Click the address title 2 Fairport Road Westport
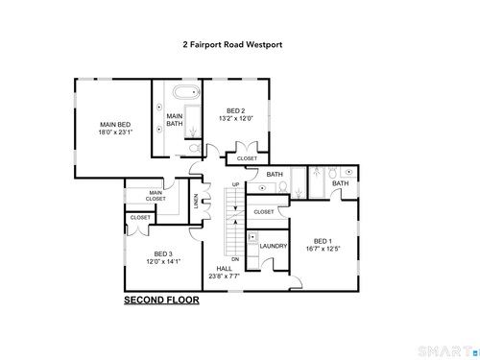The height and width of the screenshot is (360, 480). (x=232, y=44)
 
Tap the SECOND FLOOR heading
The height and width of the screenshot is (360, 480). (x=161, y=300)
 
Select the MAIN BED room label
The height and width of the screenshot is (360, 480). (x=115, y=125)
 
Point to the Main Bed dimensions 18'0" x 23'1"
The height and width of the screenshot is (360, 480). (x=115, y=132)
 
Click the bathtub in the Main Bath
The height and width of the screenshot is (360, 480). (x=187, y=92)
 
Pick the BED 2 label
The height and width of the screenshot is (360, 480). (x=236, y=110)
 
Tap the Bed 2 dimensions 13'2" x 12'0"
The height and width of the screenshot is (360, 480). (x=236, y=118)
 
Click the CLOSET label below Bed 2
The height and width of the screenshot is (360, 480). (x=247, y=158)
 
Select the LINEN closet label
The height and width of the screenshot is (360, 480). (x=196, y=201)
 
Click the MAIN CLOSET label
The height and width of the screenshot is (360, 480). (x=156, y=196)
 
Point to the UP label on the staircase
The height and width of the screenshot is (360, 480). (x=235, y=184)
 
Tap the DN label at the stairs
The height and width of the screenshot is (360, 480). (x=235, y=259)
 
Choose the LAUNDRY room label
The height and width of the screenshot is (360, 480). (x=274, y=246)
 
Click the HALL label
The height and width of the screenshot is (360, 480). (x=224, y=269)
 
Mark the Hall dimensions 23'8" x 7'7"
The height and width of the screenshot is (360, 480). (x=224, y=276)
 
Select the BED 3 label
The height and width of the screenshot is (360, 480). (x=163, y=253)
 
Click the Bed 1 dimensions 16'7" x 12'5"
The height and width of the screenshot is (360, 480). (x=323, y=249)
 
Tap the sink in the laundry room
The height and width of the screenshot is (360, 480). (x=252, y=237)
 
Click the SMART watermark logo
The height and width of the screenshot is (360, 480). (x=449, y=351)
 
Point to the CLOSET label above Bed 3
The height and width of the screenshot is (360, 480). (x=140, y=217)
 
